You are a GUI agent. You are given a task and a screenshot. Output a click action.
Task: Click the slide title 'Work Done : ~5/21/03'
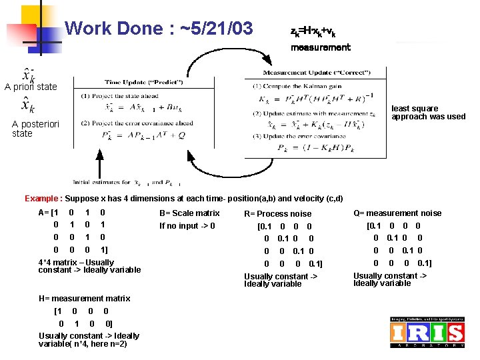(159, 29)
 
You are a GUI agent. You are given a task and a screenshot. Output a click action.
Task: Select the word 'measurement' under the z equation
(320, 47)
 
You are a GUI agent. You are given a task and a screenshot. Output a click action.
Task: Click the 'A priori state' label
(31, 87)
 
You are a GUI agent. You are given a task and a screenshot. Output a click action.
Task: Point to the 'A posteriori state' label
(36, 129)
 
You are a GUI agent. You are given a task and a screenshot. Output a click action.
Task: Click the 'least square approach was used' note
(428, 113)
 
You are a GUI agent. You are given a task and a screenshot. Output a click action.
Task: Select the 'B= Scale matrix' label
(189, 213)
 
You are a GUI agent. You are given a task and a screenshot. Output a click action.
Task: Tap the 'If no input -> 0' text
(187, 225)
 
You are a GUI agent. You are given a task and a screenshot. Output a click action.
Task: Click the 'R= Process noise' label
(277, 214)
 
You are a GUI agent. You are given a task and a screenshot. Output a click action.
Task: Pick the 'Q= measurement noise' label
(397, 213)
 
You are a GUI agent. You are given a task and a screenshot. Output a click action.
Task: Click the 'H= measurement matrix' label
(85, 299)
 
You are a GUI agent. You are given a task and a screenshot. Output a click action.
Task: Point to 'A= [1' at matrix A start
(49, 213)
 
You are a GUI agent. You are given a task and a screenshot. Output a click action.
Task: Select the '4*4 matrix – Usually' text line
(76, 263)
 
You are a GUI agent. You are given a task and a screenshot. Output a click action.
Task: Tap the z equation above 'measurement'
(313, 31)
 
